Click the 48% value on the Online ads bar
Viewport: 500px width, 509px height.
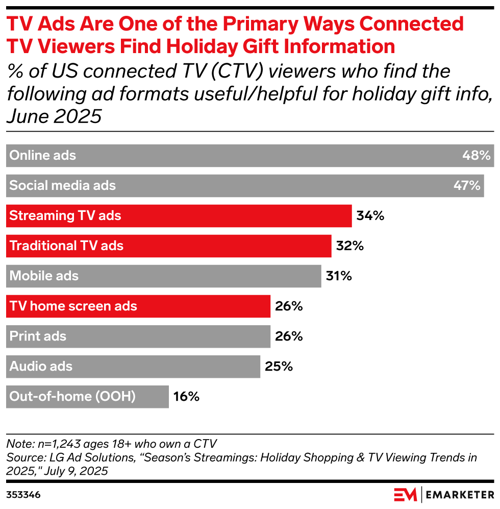476,156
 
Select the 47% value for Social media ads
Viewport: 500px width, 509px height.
467,186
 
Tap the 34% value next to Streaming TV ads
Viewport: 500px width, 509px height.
370,216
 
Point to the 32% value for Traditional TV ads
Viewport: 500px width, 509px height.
349,246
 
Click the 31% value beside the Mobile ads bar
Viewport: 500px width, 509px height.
339,276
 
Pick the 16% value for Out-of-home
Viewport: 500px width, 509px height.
186,397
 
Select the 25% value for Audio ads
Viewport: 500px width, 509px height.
279,367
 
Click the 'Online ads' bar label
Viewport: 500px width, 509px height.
43,156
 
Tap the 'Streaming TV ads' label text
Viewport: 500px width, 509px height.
65,216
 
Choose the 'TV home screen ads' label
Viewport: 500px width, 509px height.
73,306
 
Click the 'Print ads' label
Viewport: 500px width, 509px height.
38,336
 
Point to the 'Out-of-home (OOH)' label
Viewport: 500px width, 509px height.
72,397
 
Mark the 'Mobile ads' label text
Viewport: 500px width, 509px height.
44,276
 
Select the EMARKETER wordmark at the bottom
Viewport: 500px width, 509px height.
460,495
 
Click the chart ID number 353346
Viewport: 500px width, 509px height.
23,495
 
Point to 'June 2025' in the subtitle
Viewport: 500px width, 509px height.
54,117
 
